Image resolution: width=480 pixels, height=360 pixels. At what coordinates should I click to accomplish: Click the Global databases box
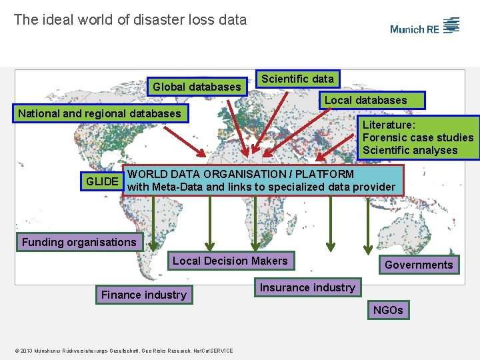[x=197, y=87]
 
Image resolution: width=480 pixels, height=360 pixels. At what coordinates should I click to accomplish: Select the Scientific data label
[x=297, y=79]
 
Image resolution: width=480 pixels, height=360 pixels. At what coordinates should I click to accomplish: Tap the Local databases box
[x=365, y=100]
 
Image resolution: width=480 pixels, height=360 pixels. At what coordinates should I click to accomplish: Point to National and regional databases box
[x=99, y=113]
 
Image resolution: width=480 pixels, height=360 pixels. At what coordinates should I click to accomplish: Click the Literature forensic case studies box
[x=418, y=137]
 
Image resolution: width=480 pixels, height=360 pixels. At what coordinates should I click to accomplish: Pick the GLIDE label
[x=103, y=181]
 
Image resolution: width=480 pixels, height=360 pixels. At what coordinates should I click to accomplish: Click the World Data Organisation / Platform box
[x=261, y=181]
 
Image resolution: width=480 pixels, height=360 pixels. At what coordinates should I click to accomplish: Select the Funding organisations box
[x=79, y=242]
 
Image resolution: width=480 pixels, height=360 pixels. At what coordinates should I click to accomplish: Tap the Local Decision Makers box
[x=230, y=261]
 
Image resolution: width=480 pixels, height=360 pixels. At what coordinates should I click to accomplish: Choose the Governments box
[x=419, y=265]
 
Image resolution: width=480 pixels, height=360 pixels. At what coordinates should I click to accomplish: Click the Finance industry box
[x=144, y=295]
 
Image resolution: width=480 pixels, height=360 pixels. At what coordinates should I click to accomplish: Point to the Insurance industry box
[x=307, y=287]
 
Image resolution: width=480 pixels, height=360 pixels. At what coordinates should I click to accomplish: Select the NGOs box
[x=388, y=310]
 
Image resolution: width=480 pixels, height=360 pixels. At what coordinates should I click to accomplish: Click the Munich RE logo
[x=425, y=27]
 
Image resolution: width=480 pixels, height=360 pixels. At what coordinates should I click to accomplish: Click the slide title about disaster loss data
[x=130, y=20]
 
